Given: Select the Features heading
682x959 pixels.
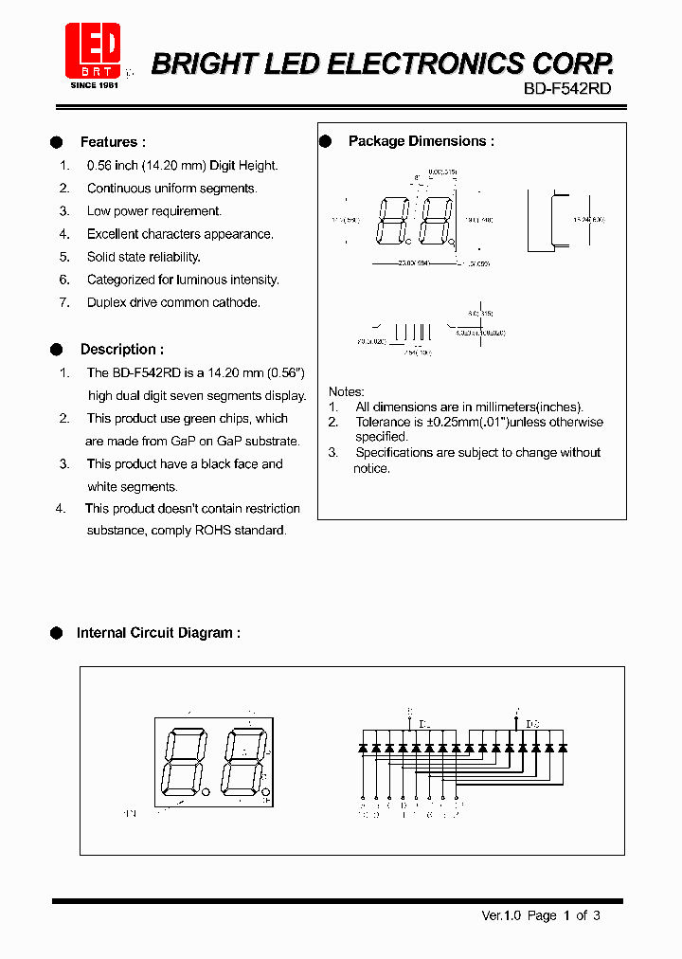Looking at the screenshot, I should (112, 142).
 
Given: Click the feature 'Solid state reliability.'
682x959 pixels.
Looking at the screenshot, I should (143, 257).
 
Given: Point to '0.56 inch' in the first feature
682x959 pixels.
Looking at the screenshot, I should (112, 166).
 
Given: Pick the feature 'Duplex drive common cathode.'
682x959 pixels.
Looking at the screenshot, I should (173, 302).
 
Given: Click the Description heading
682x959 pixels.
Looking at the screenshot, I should (121, 349).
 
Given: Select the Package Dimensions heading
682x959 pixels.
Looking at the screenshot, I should (421, 141).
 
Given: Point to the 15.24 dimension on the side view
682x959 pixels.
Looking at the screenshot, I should (588, 219).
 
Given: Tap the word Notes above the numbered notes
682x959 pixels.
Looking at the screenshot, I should (346, 391).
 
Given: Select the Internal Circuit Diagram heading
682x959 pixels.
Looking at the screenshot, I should (157, 633).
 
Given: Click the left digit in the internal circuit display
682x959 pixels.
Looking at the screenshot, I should (181, 762).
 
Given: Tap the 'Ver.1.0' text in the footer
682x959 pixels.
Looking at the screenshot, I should (502, 915).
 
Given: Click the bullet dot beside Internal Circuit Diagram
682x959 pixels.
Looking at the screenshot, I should (56, 633).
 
